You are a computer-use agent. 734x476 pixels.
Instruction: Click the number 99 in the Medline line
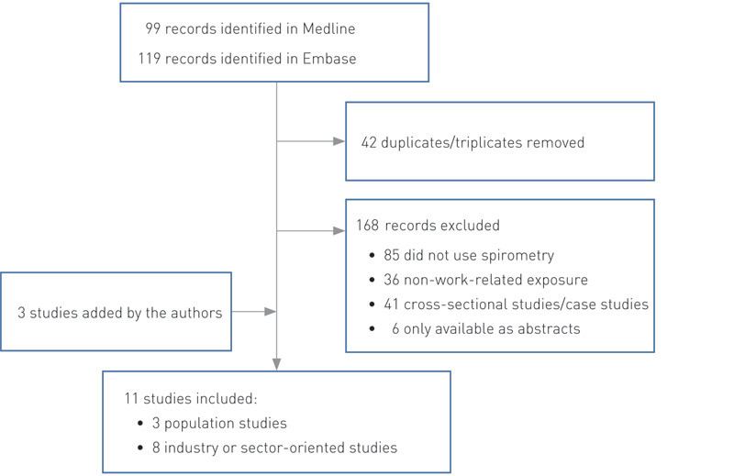pos(153,29)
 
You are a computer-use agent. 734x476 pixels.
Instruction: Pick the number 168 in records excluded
pos(370,225)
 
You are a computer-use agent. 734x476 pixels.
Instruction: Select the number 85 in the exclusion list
pos(395,254)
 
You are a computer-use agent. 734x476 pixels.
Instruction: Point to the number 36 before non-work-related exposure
pos(395,279)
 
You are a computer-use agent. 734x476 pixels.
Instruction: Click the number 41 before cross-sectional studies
pos(395,304)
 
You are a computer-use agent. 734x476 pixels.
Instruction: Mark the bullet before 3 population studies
pos(140,423)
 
